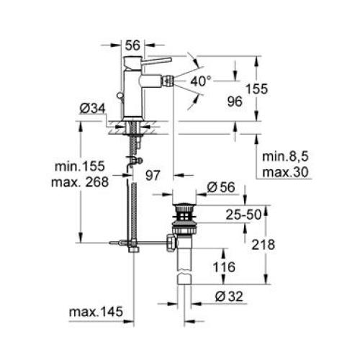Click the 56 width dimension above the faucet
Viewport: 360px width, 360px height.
133,45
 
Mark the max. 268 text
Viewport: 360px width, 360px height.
80,181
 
